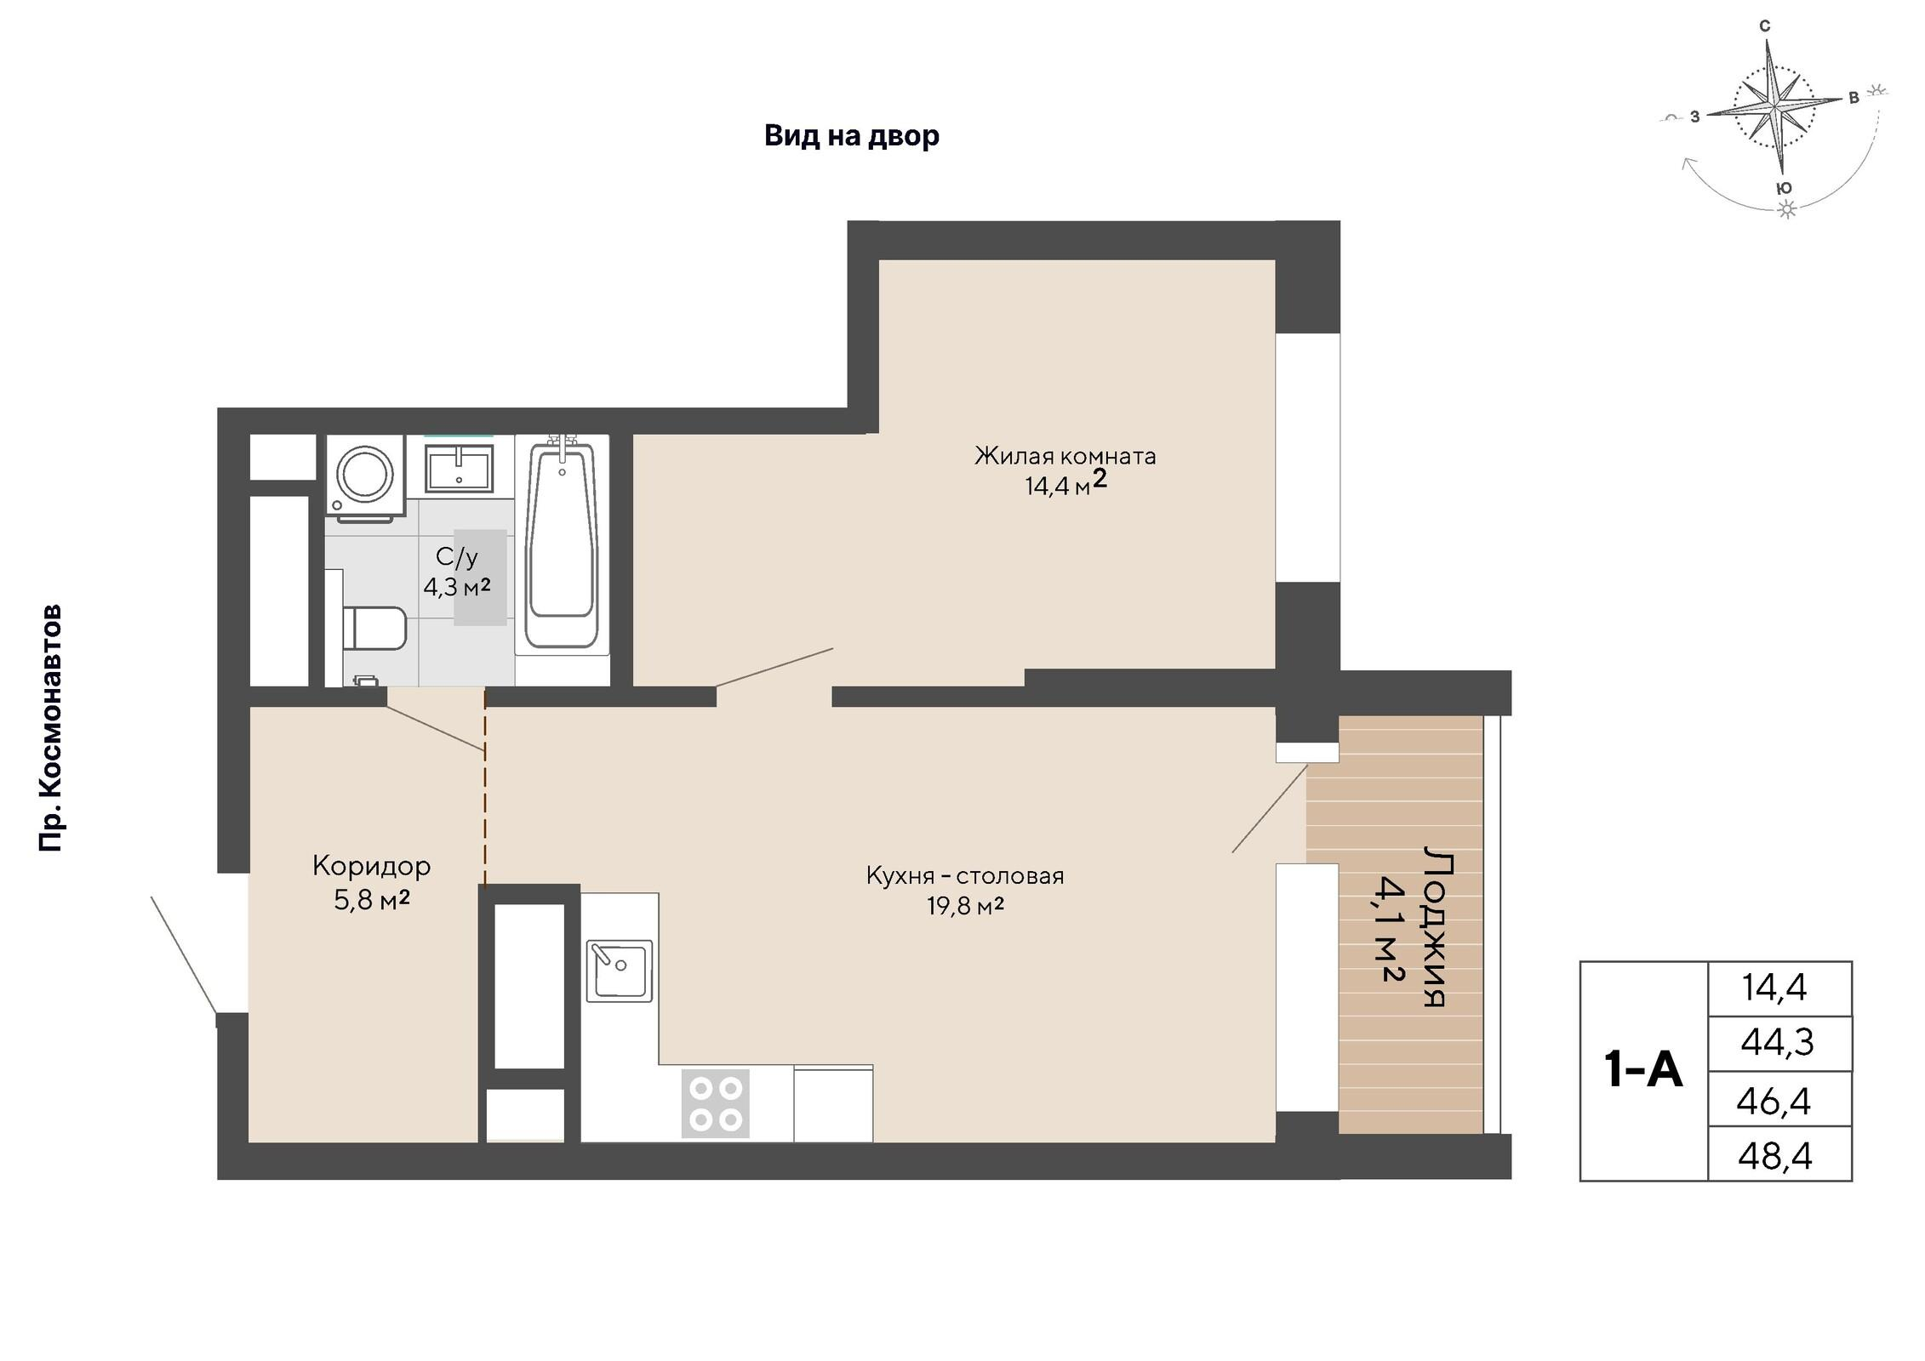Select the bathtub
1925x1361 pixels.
click(x=562, y=545)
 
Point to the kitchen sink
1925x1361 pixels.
click(x=620, y=971)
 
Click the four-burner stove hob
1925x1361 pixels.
click(x=716, y=1102)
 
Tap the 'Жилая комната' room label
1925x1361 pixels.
click(x=1065, y=457)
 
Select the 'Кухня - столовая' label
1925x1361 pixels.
click(x=965, y=875)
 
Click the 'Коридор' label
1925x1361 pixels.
click(x=372, y=866)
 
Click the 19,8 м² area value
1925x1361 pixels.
click(x=965, y=906)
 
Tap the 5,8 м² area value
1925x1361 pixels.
click(x=372, y=900)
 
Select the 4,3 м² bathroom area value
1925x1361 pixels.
click(x=457, y=586)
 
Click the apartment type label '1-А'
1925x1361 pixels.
click(x=1642, y=1069)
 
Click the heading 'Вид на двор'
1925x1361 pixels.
click(x=852, y=135)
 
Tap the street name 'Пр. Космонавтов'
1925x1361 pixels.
click(x=51, y=728)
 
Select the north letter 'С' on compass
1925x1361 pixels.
click(x=1764, y=27)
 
